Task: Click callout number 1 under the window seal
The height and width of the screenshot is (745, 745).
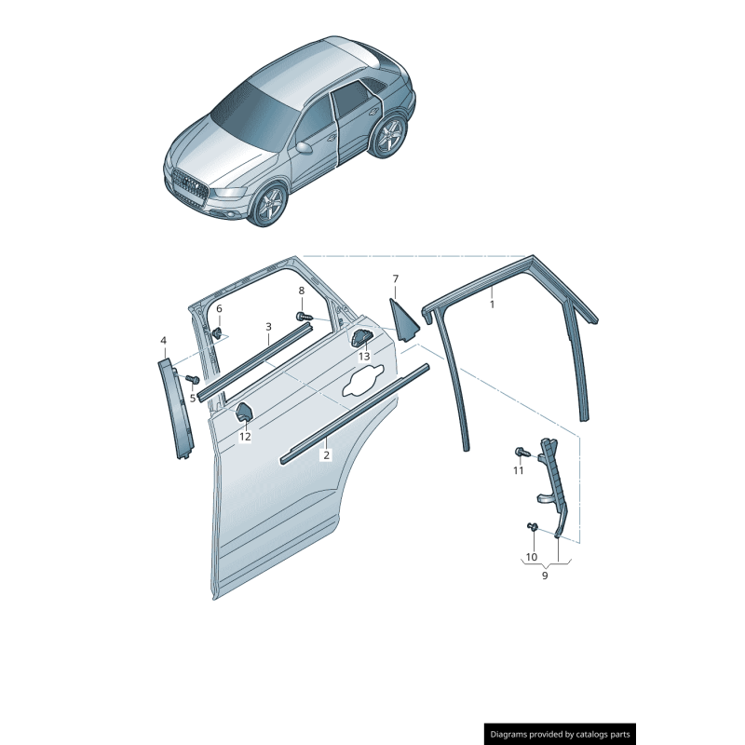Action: [493, 304]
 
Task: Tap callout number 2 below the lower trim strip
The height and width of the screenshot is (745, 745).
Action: [326, 455]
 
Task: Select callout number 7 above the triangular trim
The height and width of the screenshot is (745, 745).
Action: [395, 278]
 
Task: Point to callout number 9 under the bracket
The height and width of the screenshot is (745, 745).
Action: [545, 576]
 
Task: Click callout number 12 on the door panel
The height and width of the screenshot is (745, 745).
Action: [245, 436]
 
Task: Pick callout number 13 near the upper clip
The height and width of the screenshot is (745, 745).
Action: [364, 357]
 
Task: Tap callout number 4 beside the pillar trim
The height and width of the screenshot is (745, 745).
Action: [164, 341]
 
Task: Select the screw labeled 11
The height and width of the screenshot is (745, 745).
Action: [521, 453]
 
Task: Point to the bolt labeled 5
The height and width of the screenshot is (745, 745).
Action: [193, 380]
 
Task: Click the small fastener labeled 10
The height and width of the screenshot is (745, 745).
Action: [533, 528]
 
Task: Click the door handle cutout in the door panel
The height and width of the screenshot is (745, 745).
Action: [363, 381]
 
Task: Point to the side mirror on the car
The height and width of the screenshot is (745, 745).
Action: [304, 147]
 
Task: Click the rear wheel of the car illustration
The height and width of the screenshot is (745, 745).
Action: [388, 135]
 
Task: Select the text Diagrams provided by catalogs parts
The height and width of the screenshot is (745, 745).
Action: [560, 734]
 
